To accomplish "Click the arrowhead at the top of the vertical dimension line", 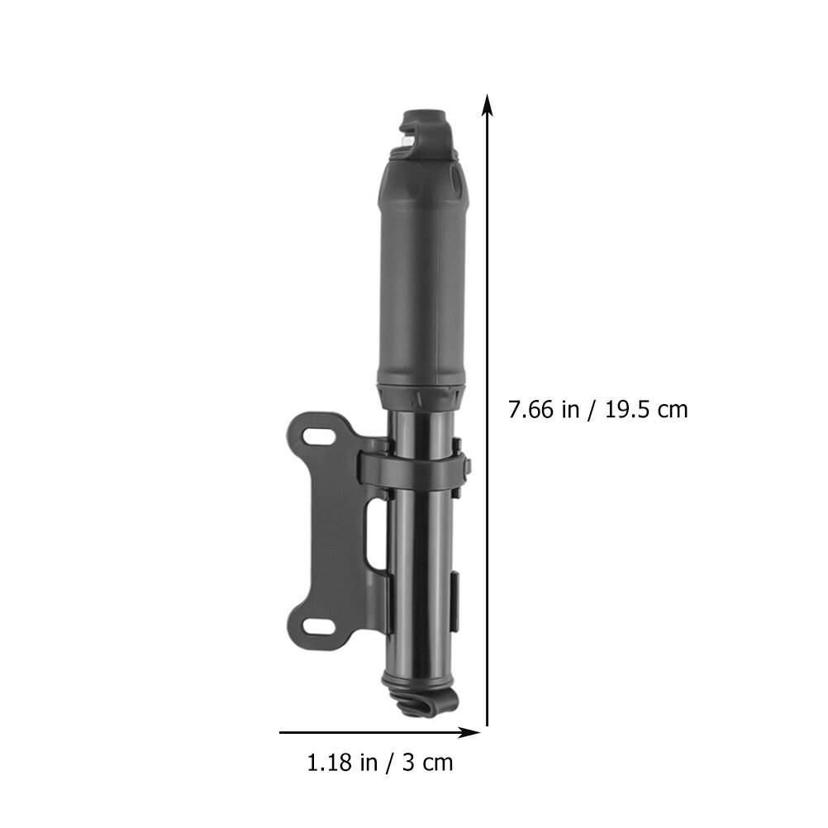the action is click(488, 105).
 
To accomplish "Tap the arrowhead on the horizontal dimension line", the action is click(469, 732).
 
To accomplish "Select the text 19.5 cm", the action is click(646, 410).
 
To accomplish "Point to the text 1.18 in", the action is click(342, 763).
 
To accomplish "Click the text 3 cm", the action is click(428, 763).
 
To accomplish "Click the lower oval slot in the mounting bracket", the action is click(319, 627).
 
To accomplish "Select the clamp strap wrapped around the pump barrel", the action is click(413, 468).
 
